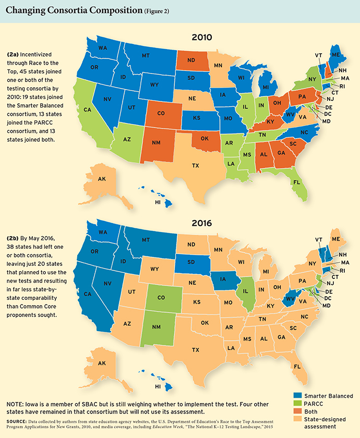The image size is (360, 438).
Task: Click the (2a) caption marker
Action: coord(16,54)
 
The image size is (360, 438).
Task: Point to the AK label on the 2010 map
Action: coord(102,179)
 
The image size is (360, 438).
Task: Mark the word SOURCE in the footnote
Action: coord(18,420)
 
